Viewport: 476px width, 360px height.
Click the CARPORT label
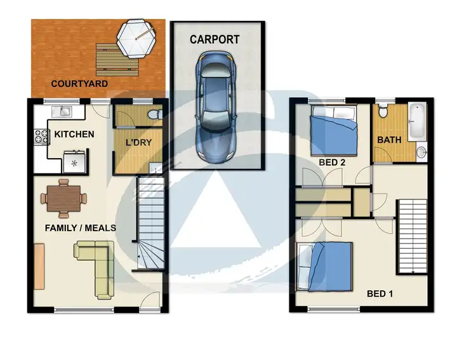[215, 39]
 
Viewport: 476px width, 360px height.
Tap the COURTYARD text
[79, 83]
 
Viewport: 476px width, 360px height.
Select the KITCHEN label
[74, 134]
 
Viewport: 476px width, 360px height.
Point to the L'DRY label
[138, 142]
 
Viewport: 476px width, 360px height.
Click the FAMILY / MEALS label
[80, 227]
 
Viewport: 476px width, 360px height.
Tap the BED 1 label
[381, 293]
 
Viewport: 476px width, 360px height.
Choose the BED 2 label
[332, 163]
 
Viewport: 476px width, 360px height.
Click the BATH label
[388, 140]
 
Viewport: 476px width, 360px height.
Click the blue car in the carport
[216, 108]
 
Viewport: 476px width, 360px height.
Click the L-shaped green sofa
[98, 267]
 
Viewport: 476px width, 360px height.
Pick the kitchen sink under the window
[64, 112]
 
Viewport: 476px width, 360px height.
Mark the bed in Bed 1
[326, 264]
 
